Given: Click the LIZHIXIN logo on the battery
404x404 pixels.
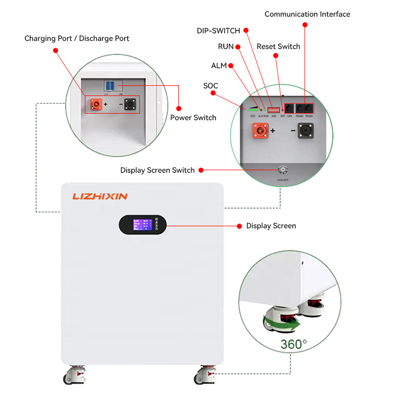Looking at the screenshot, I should click(99, 196).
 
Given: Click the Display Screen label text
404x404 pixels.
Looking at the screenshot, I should click(271, 226).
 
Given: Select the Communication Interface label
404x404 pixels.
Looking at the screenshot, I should click(307, 14).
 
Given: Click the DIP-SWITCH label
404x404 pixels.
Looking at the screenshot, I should click(218, 31).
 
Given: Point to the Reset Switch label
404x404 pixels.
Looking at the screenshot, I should click(278, 46).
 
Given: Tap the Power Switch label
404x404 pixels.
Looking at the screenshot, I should click(193, 118).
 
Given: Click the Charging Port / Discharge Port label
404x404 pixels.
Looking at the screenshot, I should click(77, 38).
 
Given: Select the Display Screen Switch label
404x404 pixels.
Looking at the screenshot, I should click(157, 170).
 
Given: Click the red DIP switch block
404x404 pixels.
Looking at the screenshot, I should click(273, 109).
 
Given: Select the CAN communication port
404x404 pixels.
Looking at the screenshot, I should click(290, 108).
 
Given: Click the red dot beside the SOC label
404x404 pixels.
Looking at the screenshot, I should click(215, 93).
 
